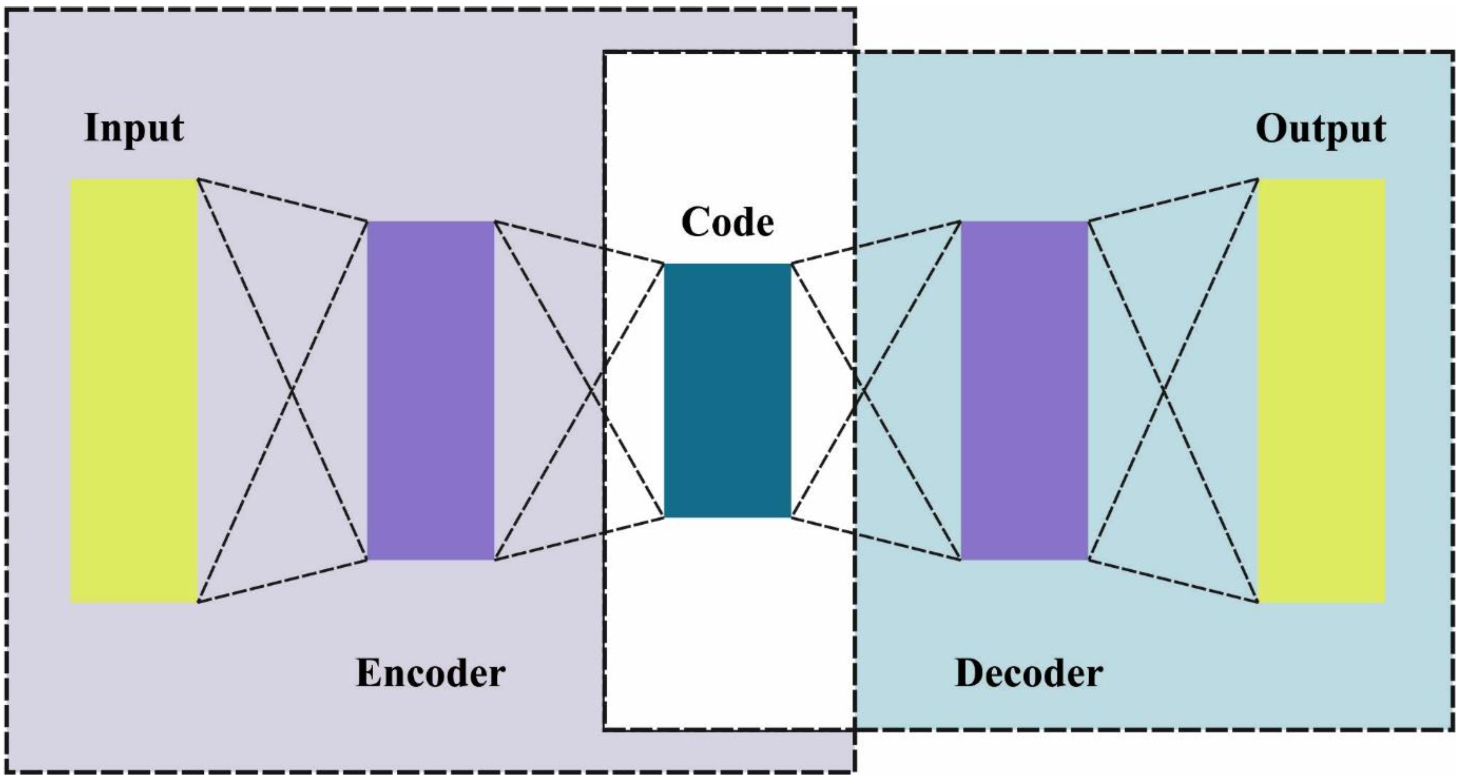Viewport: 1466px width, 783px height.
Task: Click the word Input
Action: point(134,128)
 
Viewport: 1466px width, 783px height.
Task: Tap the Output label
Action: point(1320,130)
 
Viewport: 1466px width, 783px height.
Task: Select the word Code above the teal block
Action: point(727,222)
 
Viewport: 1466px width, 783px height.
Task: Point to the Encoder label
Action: point(430,673)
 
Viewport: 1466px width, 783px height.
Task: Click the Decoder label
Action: point(1028,673)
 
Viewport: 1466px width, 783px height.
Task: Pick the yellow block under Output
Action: point(1321,391)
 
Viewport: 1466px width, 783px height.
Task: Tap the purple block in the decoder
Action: point(1024,391)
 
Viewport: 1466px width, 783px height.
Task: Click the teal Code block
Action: point(727,391)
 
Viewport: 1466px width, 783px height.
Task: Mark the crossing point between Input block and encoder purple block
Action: point(292,390)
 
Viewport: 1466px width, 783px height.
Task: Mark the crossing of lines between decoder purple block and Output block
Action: point(1164,391)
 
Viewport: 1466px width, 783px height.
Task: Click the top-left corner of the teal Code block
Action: point(665,264)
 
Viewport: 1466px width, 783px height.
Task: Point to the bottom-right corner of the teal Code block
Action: point(790,517)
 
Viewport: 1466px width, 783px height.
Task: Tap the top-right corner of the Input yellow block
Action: point(197,180)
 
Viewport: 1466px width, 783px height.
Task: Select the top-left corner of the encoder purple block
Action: point(368,222)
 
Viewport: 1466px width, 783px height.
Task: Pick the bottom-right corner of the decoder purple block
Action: point(1087,559)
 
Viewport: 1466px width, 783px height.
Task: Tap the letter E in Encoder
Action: point(368,673)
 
